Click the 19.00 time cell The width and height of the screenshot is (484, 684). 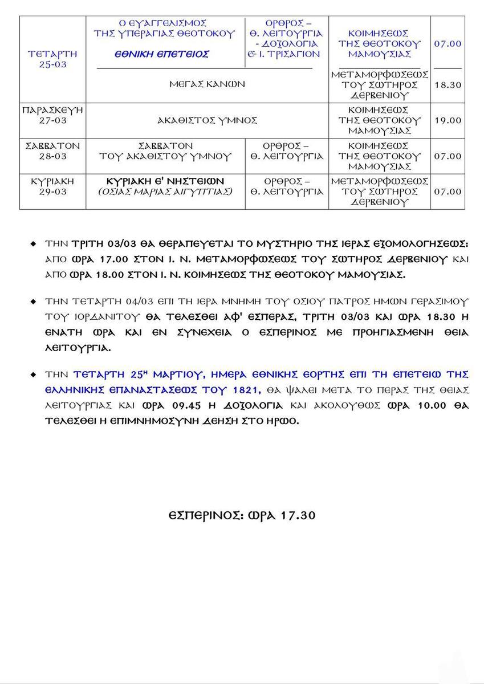click(x=448, y=120)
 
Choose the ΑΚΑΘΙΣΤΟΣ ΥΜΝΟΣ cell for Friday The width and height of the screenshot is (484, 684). click(x=207, y=120)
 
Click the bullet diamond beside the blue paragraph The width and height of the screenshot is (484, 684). click(x=34, y=374)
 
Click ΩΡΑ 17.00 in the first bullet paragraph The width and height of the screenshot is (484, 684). click(x=95, y=258)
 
